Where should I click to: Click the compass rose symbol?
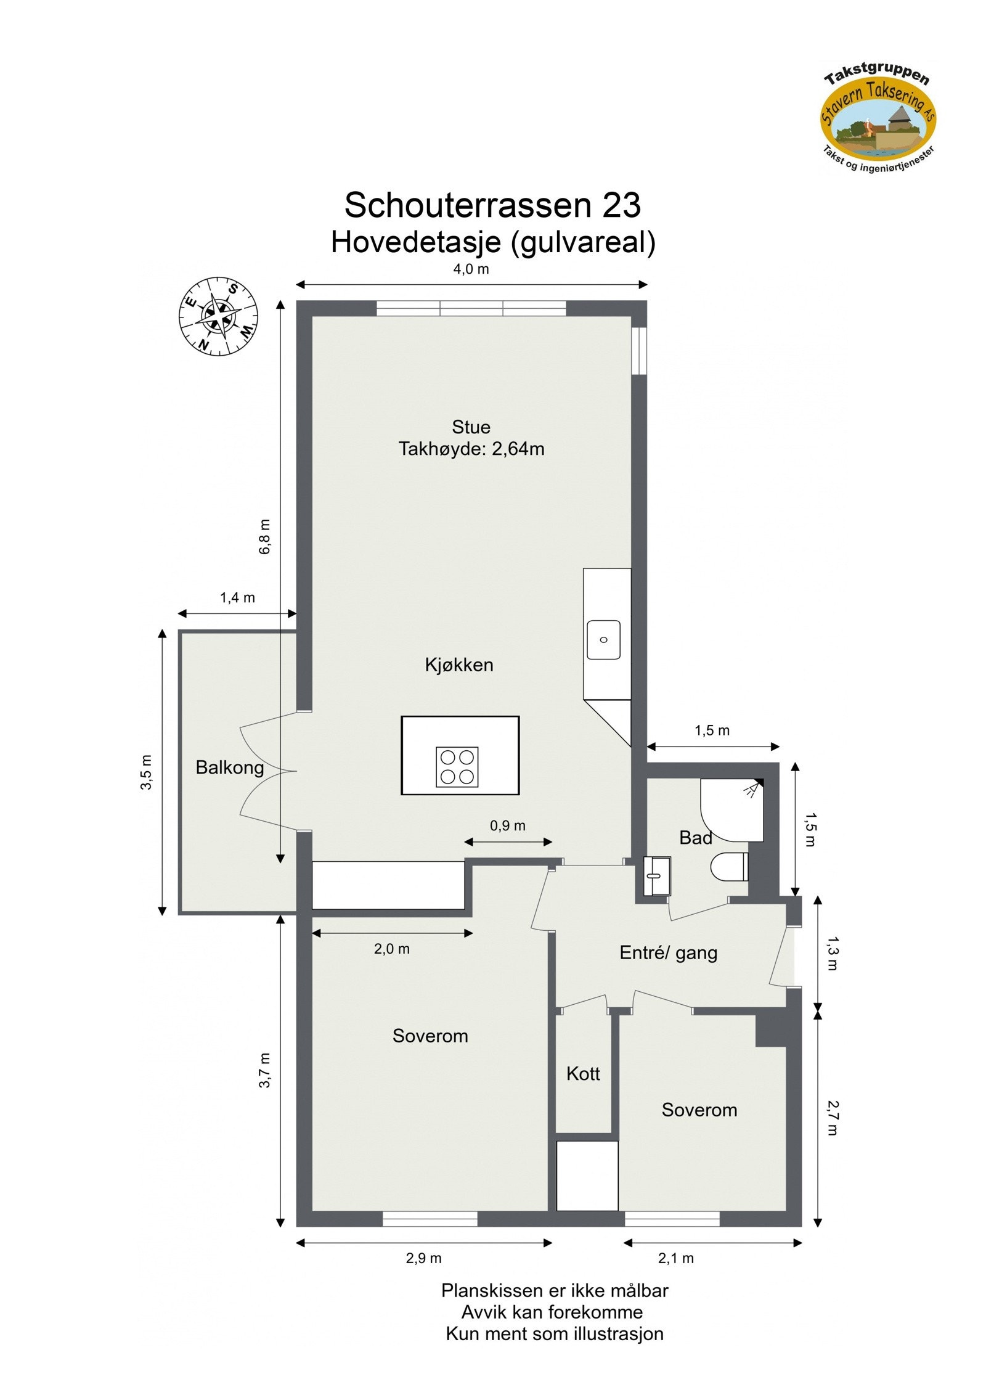(218, 317)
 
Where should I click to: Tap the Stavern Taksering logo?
(878, 117)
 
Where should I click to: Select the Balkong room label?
(229, 767)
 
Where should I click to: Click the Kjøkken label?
(459, 665)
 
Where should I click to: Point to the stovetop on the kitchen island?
(457, 767)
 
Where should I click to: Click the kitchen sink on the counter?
(603, 640)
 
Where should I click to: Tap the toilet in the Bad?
(730, 867)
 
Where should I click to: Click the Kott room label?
(583, 1074)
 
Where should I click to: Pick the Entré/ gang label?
(669, 953)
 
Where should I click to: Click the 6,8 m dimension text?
(264, 536)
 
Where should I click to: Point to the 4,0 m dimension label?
(471, 269)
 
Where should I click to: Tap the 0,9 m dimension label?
(508, 825)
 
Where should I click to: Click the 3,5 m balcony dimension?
(146, 772)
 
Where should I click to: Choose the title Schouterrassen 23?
(492, 205)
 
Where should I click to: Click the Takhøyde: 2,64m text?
(471, 449)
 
